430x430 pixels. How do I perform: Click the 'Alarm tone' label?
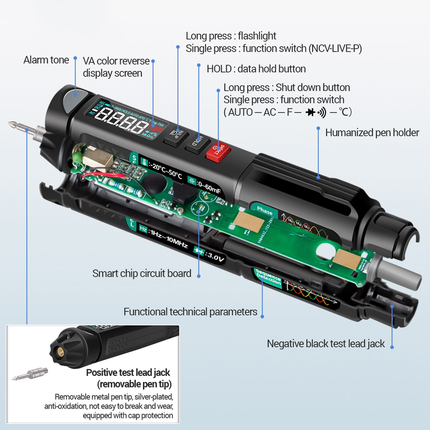[46, 60]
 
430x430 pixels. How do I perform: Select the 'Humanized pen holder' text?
[372, 133]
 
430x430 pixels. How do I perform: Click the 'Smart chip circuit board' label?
[142, 273]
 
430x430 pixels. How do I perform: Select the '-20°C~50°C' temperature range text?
[165, 171]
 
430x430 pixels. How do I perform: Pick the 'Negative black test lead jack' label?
[326, 344]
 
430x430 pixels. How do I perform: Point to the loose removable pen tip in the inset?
[31, 374]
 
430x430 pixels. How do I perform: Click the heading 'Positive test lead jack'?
[128, 373]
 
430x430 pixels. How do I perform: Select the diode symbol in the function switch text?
[310, 112]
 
